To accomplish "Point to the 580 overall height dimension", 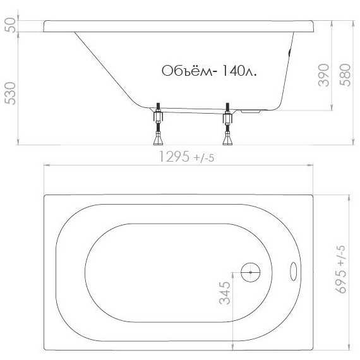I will [344, 75].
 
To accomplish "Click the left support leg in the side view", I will [157, 124].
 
